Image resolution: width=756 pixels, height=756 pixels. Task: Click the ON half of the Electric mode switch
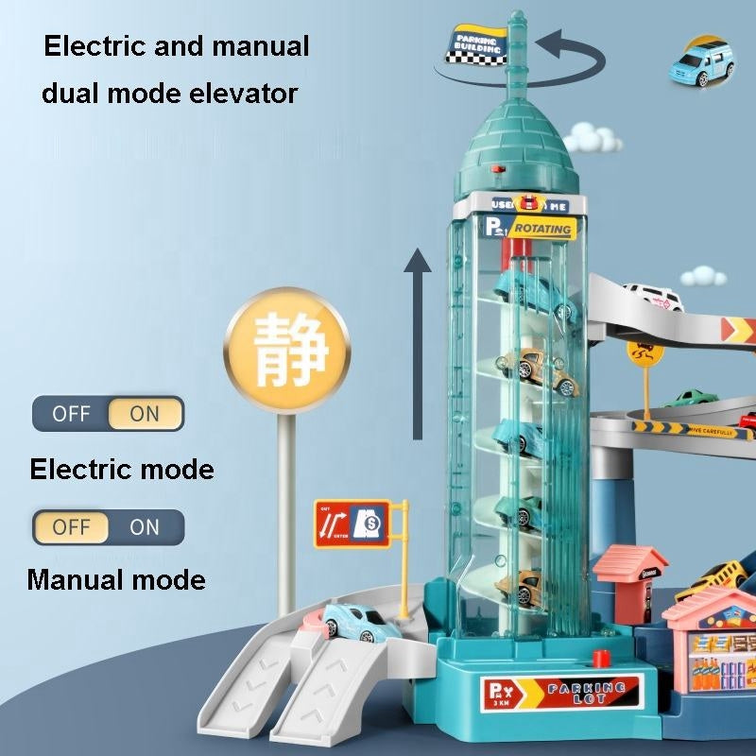point(145,414)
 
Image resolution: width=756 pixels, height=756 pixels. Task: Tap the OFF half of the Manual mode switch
point(71,527)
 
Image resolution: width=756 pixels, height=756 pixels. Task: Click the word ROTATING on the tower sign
point(544,229)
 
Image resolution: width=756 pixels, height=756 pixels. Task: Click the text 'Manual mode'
point(116,578)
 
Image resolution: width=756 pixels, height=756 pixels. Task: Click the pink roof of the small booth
point(627,561)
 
